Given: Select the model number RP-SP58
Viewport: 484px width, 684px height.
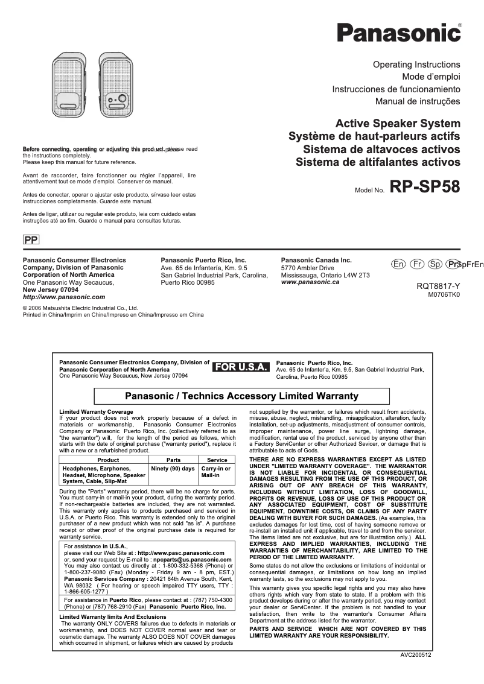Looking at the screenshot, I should click(425, 187).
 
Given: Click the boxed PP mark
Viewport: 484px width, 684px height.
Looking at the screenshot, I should click(31, 240).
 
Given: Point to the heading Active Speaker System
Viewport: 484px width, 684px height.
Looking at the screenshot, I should click(398, 124).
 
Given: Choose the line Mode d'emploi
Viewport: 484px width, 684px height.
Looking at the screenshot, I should click(431, 77).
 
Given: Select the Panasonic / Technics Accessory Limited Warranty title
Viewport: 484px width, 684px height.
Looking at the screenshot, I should click(241, 396).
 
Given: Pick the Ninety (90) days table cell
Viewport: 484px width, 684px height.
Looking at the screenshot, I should click(173, 469).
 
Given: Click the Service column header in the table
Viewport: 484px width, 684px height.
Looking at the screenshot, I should click(217, 460).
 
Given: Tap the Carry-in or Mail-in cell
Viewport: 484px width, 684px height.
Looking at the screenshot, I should click(216, 472).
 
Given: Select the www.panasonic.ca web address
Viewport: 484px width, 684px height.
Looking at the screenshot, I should click(310, 282).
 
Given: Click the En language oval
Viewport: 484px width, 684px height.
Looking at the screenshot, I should click(398, 264).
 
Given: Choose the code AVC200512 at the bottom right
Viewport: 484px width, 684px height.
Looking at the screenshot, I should click(416, 654).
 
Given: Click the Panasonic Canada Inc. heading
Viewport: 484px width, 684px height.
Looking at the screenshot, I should click(316, 260).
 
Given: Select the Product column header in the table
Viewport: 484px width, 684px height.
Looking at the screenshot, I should click(104, 460).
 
